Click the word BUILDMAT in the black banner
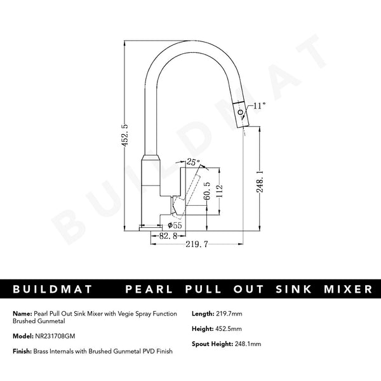(x=53, y=289)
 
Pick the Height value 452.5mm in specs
(x=228, y=330)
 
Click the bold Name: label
(x=21, y=314)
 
